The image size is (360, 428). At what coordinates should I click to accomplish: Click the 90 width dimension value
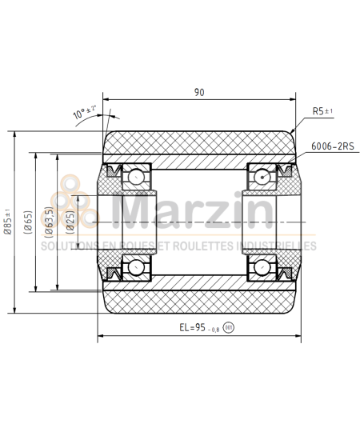tap(198, 92)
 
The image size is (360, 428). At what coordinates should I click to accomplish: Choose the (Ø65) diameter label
tap(28, 222)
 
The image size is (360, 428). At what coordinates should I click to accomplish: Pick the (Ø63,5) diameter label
tap(49, 222)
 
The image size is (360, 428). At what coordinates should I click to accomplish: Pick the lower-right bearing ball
tap(262, 266)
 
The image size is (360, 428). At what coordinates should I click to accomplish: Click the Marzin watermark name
tap(192, 212)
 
